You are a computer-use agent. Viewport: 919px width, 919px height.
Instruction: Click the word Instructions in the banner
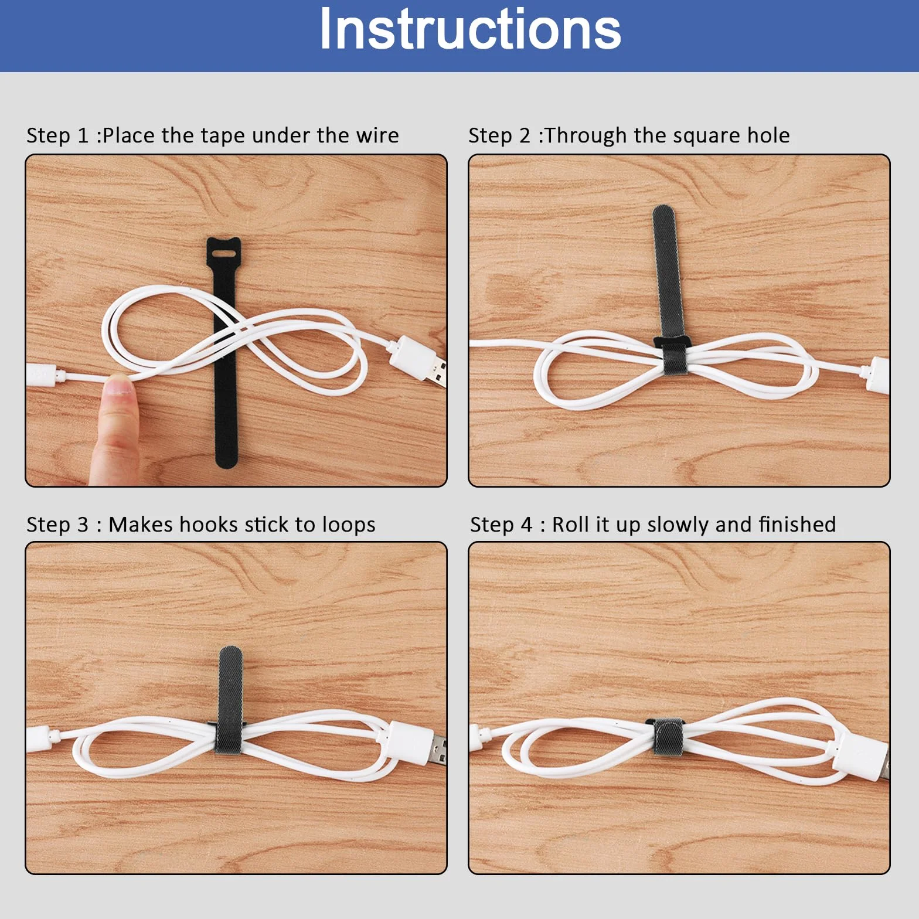click(470, 29)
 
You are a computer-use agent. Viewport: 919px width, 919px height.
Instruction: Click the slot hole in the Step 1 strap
click(223, 253)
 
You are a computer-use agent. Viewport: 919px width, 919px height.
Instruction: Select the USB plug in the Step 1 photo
click(417, 359)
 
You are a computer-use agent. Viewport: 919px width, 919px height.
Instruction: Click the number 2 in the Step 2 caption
click(525, 135)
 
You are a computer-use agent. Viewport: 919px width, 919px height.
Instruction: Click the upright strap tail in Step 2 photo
click(665, 273)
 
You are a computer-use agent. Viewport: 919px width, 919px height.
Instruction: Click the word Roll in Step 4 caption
click(570, 525)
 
